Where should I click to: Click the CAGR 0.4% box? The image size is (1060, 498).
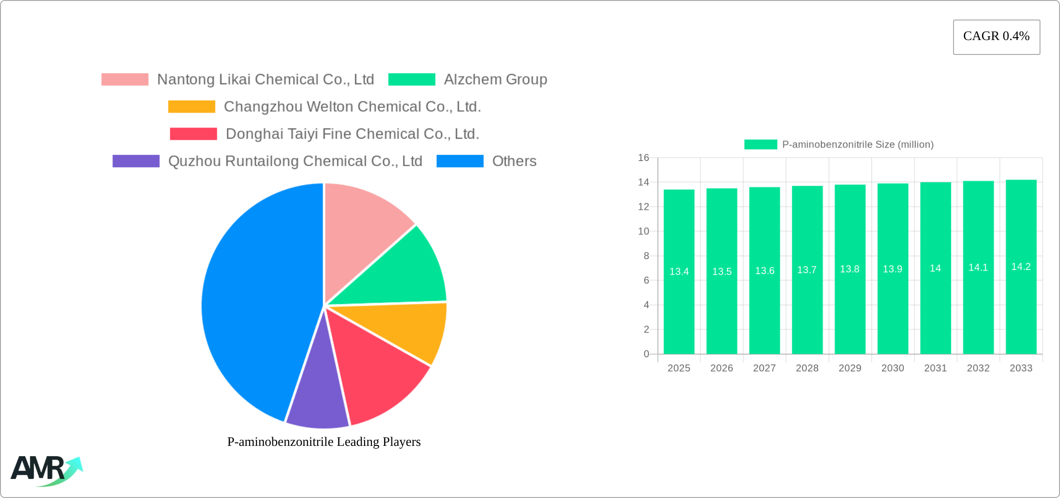(x=996, y=37)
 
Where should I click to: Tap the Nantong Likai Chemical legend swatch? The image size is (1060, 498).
(x=125, y=80)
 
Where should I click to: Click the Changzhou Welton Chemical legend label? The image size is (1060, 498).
(x=352, y=107)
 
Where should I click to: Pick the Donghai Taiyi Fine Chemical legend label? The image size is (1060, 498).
(x=352, y=134)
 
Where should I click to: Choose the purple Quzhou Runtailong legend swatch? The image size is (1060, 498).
(x=136, y=161)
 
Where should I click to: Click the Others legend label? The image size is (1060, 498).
(x=514, y=161)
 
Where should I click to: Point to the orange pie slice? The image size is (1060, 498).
(x=409, y=330)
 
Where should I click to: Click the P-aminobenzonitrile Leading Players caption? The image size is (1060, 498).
(x=324, y=442)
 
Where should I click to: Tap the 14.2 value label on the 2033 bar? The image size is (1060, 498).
(x=1021, y=267)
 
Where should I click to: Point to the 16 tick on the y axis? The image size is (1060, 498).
(x=643, y=158)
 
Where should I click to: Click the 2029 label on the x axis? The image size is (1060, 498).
(x=850, y=368)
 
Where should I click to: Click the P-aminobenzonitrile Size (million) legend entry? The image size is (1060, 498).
(x=839, y=144)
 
